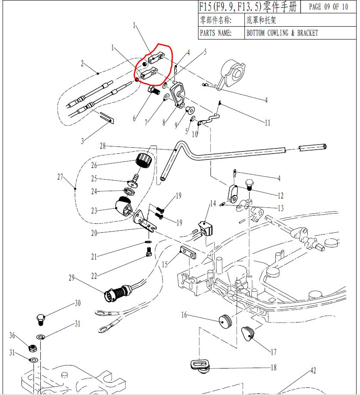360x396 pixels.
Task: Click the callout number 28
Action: coord(103,146)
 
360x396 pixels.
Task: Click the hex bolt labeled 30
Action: coord(40,320)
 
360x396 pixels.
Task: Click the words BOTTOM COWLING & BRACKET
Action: coord(282,33)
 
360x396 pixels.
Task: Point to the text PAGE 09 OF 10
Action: coord(328,7)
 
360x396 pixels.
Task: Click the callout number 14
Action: coord(213,204)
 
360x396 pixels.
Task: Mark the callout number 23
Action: coord(95,210)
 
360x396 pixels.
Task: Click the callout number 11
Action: coord(268,123)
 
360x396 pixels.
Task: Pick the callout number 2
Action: coord(82,64)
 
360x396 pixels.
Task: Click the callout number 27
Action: coord(60,177)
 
